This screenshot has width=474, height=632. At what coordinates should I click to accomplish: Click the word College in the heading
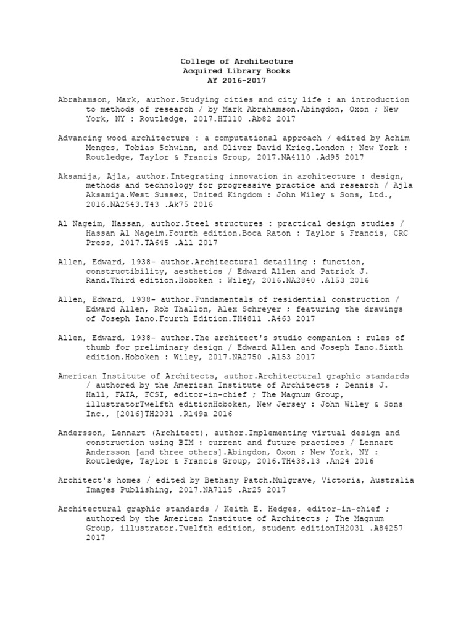point(197,62)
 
